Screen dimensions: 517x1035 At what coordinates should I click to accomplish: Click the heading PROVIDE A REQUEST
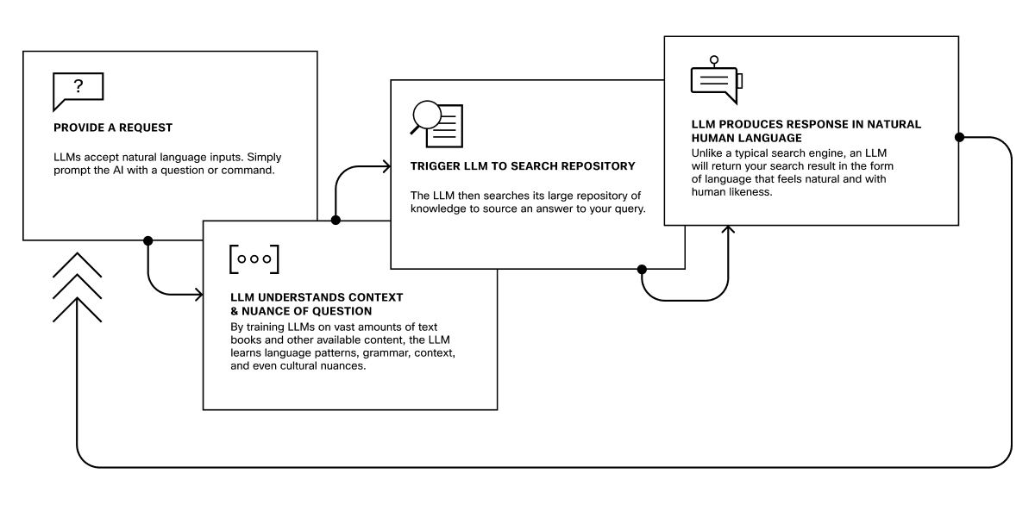coord(112,128)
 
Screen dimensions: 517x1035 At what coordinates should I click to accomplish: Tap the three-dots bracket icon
coord(254,258)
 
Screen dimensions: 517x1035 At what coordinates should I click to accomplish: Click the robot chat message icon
coord(717,79)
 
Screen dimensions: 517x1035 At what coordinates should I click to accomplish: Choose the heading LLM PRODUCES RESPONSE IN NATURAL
coord(806,124)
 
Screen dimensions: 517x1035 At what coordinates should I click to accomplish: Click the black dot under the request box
coord(148,240)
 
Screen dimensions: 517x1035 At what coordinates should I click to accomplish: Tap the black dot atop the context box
coord(336,221)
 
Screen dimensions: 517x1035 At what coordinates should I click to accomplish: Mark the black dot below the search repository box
coord(642,269)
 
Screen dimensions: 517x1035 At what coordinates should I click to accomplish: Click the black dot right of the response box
coord(959,138)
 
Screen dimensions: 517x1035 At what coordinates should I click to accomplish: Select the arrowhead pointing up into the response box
coord(729,230)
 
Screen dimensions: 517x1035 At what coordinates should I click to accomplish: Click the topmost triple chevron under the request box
coord(77,264)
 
